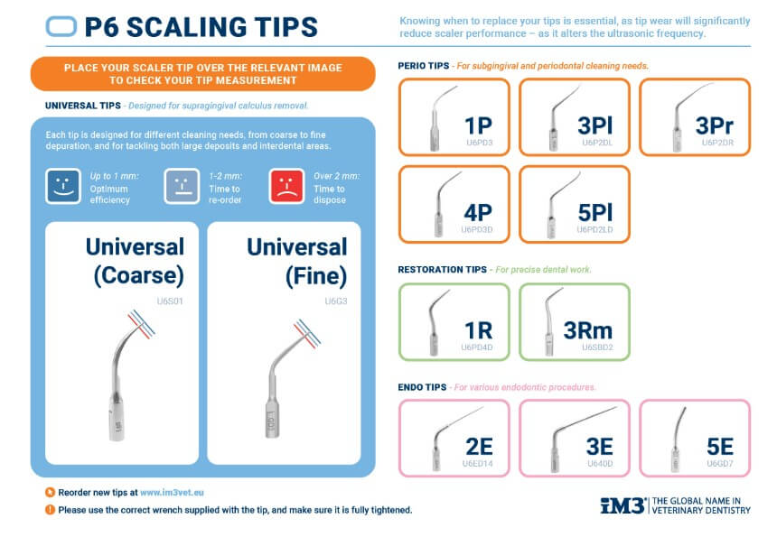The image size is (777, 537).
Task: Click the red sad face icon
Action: (286, 187)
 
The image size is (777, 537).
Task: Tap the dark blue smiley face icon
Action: (63, 187)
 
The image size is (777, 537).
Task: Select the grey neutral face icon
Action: (182, 187)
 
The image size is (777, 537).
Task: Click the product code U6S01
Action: (170, 301)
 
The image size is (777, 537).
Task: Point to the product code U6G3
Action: (336, 301)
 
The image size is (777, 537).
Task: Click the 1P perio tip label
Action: (478, 125)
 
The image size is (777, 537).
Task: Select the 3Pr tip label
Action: (714, 125)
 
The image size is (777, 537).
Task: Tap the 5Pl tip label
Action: (595, 213)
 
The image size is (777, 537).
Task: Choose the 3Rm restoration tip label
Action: (587, 330)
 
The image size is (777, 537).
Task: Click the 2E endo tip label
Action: (479, 447)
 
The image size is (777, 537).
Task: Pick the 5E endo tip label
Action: (720, 447)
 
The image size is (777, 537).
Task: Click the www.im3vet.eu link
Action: (172, 493)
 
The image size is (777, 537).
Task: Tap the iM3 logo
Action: (623, 505)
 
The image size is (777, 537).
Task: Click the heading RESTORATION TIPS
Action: (443, 270)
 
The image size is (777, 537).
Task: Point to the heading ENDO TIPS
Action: (422, 387)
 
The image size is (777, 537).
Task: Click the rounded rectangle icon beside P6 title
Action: (61, 27)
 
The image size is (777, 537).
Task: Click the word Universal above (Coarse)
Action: (135, 246)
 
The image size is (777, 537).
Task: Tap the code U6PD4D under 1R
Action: (477, 347)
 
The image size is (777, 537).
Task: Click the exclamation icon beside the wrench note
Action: (50, 510)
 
